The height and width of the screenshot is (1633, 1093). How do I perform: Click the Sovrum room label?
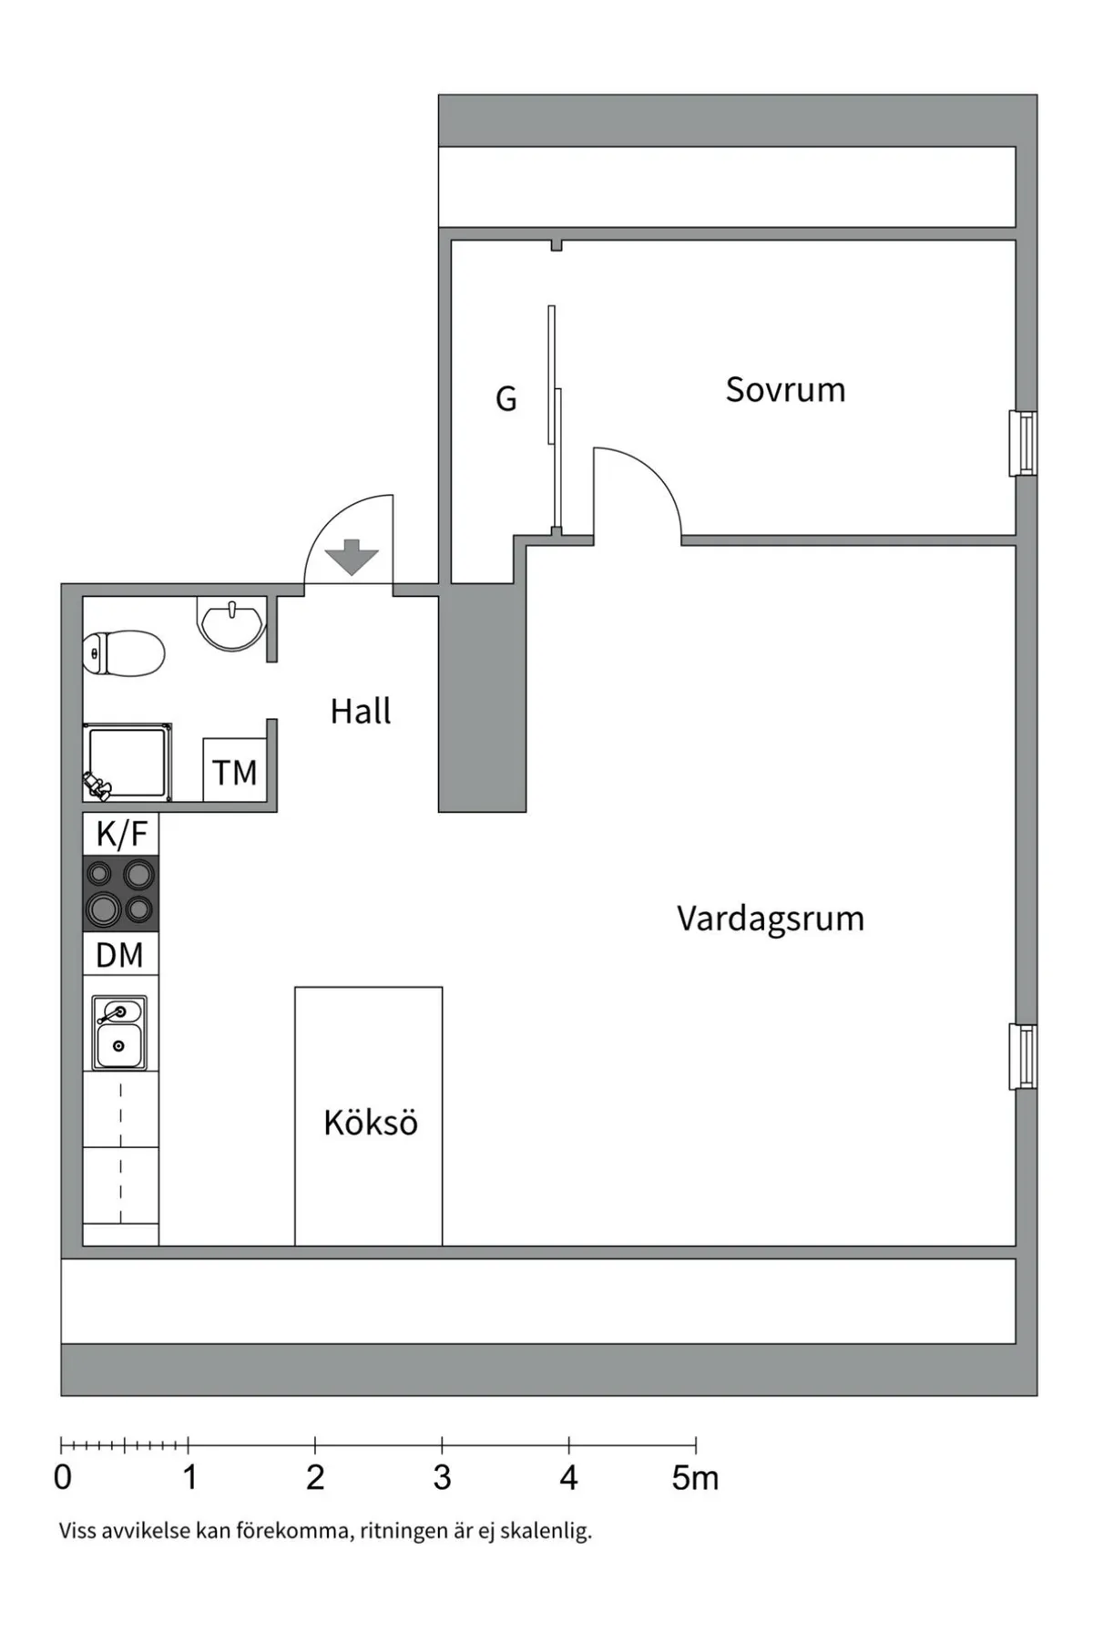point(785,390)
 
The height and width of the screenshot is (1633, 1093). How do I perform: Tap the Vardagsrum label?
point(771,919)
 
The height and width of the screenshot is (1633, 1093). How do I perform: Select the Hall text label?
point(361,711)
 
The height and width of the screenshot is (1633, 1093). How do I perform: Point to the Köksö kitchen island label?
point(371,1123)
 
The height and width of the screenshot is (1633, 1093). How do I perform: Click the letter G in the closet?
point(506,398)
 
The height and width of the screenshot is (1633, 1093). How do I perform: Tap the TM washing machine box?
point(235,771)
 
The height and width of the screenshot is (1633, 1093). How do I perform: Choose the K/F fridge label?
point(121,834)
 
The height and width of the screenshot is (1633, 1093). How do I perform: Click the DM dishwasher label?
point(120,955)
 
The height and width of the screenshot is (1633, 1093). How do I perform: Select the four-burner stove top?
point(120,893)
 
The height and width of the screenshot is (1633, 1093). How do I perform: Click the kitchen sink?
point(119,1032)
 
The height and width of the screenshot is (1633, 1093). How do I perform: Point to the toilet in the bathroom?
point(123,653)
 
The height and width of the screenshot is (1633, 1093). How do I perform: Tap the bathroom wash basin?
point(231,623)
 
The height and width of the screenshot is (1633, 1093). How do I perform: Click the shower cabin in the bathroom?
point(127,763)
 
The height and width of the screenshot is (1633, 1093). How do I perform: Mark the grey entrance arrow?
point(352,557)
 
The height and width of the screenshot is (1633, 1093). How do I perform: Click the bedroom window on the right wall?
point(1024,444)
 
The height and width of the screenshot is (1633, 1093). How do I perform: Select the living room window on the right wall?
point(1024,1057)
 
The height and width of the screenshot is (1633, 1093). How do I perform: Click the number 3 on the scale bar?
point(442,1477)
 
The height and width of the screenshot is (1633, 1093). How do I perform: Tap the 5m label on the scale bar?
point(695,1477)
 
